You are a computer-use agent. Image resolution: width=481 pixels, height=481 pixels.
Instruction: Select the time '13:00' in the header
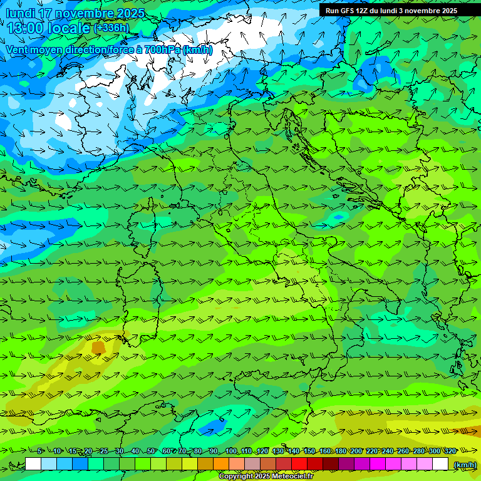26,28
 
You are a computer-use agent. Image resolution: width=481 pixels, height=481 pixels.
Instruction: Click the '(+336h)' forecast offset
111,28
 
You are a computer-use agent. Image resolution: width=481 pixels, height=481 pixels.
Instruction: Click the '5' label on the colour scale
39,452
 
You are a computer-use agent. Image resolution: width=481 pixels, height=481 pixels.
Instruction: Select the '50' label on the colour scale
151,452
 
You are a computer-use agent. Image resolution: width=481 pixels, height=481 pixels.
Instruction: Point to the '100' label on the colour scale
230,452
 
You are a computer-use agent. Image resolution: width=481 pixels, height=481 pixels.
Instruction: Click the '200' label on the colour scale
356,452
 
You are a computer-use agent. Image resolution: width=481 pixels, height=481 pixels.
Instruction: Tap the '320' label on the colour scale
450,452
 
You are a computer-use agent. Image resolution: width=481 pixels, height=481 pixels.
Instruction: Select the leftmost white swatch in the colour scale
33,464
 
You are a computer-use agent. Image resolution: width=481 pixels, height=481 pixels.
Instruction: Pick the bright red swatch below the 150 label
299,464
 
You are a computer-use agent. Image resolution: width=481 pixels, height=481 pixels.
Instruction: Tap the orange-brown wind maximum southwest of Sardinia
98,346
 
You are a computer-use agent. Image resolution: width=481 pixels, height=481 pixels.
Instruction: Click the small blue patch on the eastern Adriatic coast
339,217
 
